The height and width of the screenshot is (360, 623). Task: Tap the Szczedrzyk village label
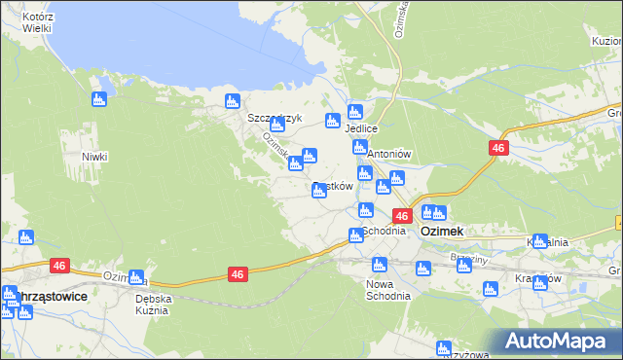pyautogui.click(x=275, y=119)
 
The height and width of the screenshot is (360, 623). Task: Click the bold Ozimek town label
pyautogui.click(x=441, y=232)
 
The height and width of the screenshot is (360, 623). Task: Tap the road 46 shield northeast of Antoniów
pyautogui.click(x=497, y=147)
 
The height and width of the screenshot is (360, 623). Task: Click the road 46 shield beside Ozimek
pyautogui.click(x=401, y=216)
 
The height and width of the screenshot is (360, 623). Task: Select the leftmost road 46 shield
pyautogui.click(x=60, y=266)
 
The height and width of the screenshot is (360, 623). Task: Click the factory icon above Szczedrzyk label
pyautogui.click(x=232, y=100)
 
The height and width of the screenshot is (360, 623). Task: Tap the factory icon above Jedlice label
pyautogui.click(x=355, y=111)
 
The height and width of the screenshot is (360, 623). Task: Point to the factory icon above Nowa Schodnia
pyautogui.click(x=380, y=265)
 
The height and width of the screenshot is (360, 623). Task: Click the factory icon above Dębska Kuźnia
pyautogui.click(x=136, y=277)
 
